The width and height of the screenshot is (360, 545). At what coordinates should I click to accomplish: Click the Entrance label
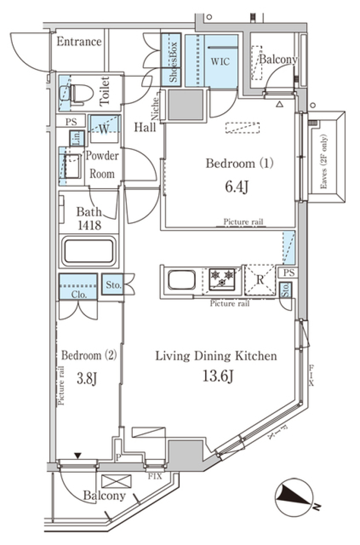tap(79, 42)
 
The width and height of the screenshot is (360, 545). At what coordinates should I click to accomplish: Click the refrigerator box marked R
tap(260, 279)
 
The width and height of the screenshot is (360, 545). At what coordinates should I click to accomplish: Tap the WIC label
tap(220, 61)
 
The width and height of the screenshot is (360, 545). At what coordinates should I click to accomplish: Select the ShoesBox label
tap(173, 62)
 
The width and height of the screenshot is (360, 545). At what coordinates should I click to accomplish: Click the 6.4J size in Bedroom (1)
tap(236, 186)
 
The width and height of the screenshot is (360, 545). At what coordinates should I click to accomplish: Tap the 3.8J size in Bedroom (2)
tap(87, 378)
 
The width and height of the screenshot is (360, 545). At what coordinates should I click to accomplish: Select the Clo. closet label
tap(79, 295)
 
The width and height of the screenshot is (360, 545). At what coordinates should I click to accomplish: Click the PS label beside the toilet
tap(71, 122)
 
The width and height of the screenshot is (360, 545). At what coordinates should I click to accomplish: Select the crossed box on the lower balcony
tap(117, 481)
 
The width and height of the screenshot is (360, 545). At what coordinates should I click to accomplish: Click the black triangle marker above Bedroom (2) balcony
tap(78, 456)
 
